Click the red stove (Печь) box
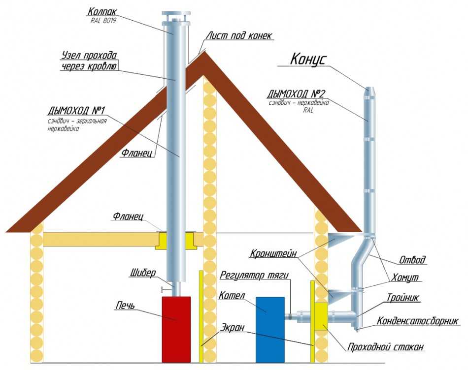[176, 329]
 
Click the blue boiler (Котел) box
[269, 328]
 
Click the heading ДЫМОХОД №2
[297, 93]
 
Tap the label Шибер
[143, 272]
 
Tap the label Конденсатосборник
[418, 320]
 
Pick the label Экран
[232, 327]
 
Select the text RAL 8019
[103, 21]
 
